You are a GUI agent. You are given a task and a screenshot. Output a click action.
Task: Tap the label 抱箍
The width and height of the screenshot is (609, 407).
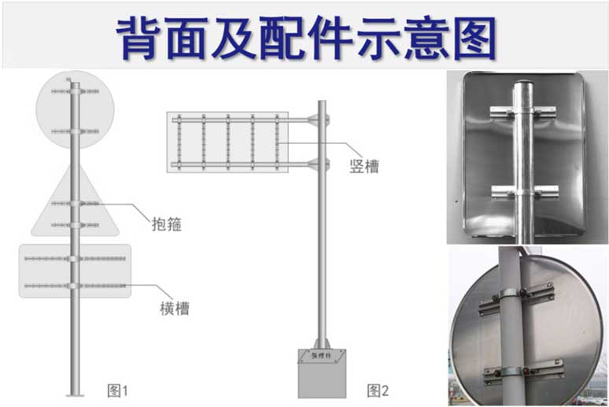click(166, 224)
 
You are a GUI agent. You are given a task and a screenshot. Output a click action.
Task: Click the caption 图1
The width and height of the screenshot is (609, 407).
click(117, 390)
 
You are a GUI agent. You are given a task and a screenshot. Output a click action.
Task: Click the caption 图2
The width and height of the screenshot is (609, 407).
click(378, 390)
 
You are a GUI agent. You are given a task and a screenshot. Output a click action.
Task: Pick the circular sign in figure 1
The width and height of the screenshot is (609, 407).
click(76, 110)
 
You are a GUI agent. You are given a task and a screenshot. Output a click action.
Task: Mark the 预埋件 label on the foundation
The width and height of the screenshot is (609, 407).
click(323, 357)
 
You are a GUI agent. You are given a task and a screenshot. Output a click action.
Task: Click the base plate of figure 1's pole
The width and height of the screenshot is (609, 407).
click(75, 394)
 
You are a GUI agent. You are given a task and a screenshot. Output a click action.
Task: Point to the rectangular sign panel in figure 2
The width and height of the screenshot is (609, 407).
click(228, 142)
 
